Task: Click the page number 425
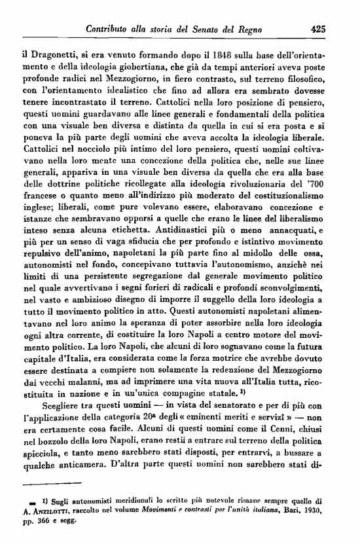click(319, 28)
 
